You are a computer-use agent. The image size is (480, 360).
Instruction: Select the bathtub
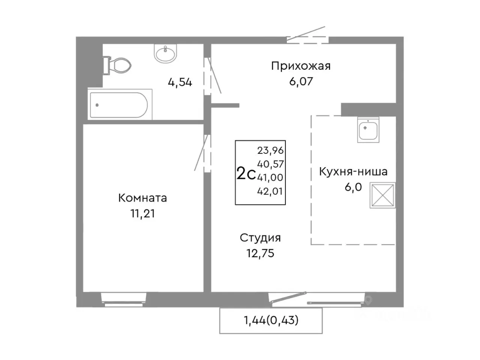click(x=120, y=105)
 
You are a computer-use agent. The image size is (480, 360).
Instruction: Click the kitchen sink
click(x=368, y=129)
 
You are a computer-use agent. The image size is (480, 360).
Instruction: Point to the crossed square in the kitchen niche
click(x=382, y=195)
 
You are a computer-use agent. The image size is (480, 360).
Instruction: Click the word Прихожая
click(x=301, y=66)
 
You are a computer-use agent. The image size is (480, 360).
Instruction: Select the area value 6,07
click(x=301, y=81)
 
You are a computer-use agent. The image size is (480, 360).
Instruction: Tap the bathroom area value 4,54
click(x=180, y=82)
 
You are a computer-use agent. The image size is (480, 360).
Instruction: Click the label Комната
click(x=142, y=198)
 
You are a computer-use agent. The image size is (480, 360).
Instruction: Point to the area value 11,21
click(x=142, y=213)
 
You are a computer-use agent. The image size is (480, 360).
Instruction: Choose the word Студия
click(x=260, y=238)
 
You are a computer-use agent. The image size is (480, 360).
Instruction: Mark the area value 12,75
click(x=260, y=253)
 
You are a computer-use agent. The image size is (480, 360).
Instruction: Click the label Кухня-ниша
click(x=353, y=172)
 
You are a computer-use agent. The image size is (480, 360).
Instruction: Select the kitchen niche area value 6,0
click(x=353, y=187)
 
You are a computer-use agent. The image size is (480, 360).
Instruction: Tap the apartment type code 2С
click(x=246, y=174)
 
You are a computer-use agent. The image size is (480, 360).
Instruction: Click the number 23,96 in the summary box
click(x=270, y=150)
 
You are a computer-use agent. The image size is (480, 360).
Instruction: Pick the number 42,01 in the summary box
click(x=270, y=191)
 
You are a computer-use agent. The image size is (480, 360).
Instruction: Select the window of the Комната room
click(x=124, y=299)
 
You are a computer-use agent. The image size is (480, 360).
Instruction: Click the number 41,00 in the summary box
click(x=270, y=177)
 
